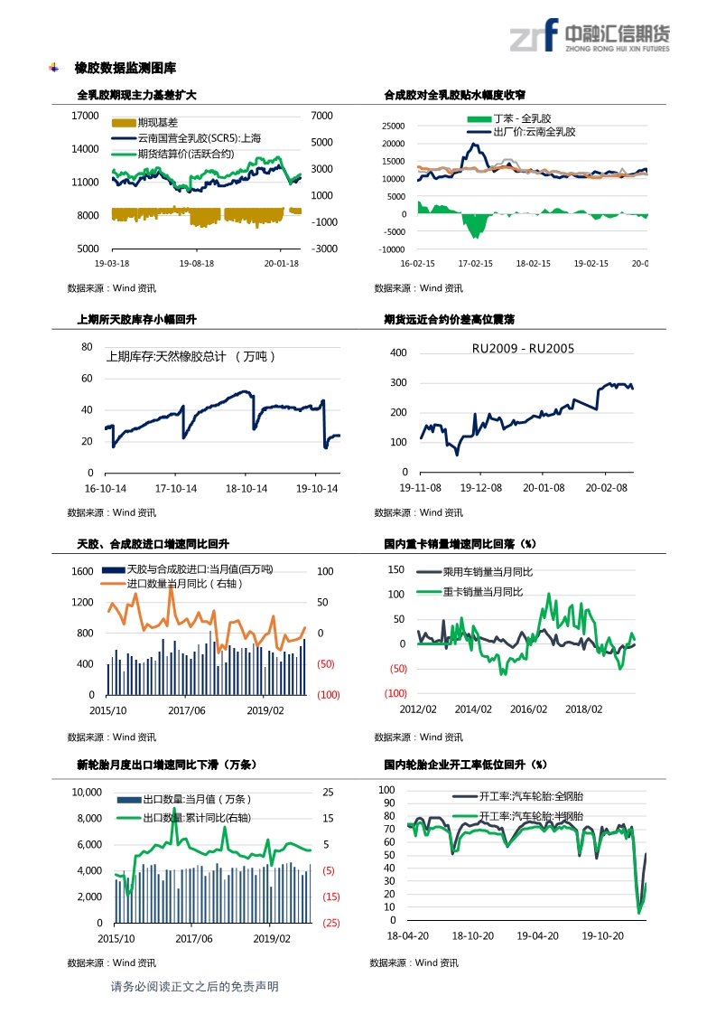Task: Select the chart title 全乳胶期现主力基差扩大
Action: click(x=136, y=95)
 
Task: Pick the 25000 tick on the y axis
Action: click(x=394, y=127)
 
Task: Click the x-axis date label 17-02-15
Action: click(x=476, y=264)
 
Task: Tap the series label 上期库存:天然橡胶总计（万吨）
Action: click(x=191, y=356)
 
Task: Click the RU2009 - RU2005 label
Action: click(x=523, y=348)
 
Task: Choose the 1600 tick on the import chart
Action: click(x=82, y=571)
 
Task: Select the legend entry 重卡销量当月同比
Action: click(x=482, y=592)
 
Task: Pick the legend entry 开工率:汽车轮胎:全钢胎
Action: click(x=530, y=796)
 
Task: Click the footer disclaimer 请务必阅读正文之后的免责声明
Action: click(x=194, y=986)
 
